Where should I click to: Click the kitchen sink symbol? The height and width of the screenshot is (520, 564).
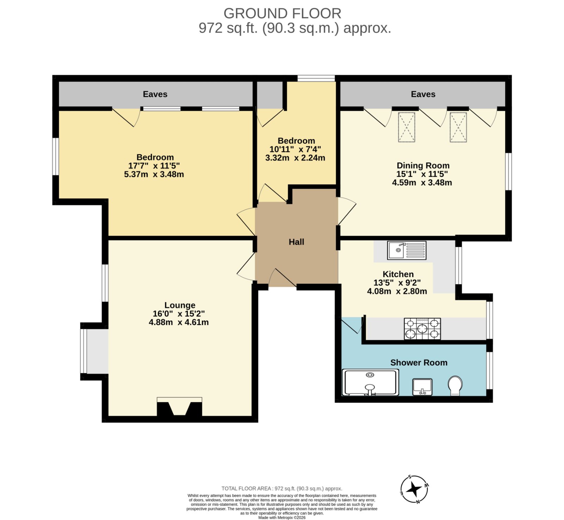click(x=407, y=250)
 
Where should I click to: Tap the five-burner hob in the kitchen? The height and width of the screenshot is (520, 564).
click(x=422, y=329)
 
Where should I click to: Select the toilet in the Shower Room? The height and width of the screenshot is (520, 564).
click(x=455, y=386)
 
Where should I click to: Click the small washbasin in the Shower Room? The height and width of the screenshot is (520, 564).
click(x=422, y=387)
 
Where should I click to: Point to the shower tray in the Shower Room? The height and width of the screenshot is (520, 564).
click(x=370, y=382)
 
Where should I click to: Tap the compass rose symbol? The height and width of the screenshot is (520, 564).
click(x=414, y=489)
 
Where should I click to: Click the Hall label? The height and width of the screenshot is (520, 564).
click(x=296, y=242)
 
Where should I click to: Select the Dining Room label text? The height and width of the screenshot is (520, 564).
click(x=423, y=165)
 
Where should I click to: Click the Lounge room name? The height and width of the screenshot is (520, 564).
click(x=180, y=305)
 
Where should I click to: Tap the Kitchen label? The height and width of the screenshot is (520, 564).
click(x=398, y=274)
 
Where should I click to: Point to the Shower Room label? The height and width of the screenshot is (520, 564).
click(x=419, y=363)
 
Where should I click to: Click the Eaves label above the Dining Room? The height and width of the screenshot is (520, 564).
click(x=423, y=94)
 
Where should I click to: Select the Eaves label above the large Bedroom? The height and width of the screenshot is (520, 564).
click(x=155, y=94)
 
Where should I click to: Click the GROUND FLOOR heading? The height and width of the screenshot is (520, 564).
click(x=282, y=13)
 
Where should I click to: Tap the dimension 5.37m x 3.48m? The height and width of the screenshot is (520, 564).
click(x=154, y=174)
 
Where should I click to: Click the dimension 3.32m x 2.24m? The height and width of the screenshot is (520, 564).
click(x=295, y=158)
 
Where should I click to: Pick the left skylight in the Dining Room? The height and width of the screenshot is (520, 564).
click(x=406, y=127)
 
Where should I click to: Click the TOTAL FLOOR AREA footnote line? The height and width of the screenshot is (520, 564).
click(x=282, y=489)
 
